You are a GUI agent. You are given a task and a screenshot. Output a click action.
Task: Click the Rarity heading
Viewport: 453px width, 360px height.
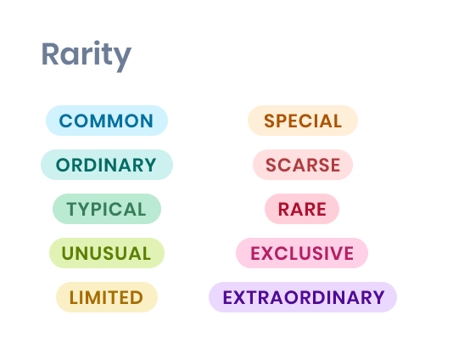(87, 56)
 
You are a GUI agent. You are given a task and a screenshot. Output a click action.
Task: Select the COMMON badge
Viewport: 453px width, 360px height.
(107, 121)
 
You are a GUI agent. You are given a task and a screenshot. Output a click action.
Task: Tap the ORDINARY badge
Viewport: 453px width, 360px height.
(107, 165)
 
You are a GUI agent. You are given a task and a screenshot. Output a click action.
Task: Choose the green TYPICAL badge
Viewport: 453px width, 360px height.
(107, 209)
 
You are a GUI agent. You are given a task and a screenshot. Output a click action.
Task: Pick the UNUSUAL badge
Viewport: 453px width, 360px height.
(107, 253)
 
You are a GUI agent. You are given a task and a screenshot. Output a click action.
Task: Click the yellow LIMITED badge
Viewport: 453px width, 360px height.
(107, 297)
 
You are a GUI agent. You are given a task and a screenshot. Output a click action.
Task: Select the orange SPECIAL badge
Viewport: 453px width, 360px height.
(303, 121)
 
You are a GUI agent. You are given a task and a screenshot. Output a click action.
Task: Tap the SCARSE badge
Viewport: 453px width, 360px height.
(303, 165)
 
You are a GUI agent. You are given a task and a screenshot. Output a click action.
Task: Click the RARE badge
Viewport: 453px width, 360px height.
(302, 209)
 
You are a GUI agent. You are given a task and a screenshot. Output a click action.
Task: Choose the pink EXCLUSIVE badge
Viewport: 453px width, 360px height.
(302, 253)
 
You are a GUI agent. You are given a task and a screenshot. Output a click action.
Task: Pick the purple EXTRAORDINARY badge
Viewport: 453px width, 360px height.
(303, 297)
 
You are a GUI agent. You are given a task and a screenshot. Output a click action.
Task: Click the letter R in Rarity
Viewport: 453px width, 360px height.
(50, 53)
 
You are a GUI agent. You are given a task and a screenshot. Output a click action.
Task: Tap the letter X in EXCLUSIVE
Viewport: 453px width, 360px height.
(271, 253)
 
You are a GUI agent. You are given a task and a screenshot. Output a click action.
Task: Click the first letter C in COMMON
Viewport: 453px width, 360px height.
(65, 121)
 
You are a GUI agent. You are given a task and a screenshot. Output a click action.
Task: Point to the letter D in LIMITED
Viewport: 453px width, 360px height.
(137, 297)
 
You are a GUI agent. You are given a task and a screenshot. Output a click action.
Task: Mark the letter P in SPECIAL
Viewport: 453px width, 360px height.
(284, 121)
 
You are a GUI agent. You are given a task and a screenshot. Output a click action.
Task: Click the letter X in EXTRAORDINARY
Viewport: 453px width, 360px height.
(243, 297)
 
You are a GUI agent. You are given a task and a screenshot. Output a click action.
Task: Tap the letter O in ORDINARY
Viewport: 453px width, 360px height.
(63, 165)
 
